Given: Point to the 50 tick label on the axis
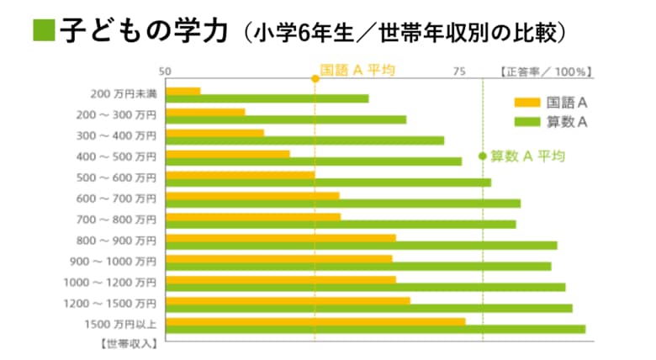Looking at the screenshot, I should [x=166, y=71].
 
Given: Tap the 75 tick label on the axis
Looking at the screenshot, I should [x=459, y=71].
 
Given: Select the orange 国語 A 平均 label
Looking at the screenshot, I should [x=357, y=71].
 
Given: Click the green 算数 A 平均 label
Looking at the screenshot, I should [x=527, y=156].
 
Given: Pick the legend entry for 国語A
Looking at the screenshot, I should [x=551, y=103].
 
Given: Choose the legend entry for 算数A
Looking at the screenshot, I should [x=551, y=122].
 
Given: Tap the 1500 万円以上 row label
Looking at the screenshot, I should [x=120, y=324].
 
